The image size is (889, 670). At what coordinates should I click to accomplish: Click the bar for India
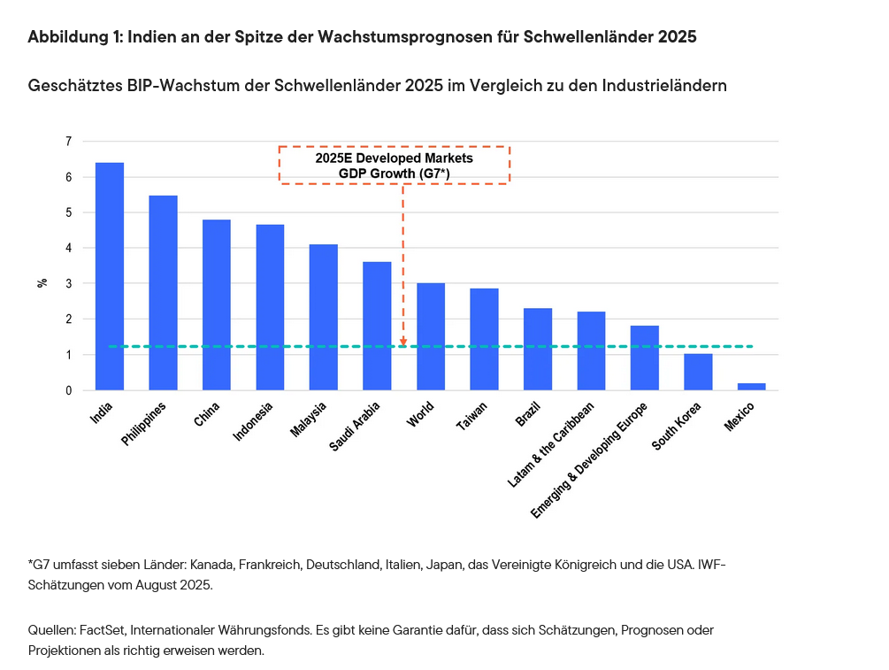click(x=110, y=276)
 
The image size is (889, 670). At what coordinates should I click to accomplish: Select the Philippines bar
click(x=163, y=292)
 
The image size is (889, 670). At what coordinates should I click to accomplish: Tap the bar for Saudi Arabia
click(x=377, y=326)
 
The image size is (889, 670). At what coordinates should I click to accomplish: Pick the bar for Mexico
click(x=751, y=386)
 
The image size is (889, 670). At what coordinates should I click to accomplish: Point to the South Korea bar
click(x=698, y=372)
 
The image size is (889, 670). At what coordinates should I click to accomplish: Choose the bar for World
click(x=431, y=336)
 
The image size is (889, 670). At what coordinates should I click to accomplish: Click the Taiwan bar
click(x=484, y=339)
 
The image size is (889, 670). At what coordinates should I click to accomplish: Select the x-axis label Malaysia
click(x=310, y=420)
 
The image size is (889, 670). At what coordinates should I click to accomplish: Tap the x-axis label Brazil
click(x=528, y=414)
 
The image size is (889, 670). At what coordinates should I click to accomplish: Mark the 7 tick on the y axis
click(x=68, y=142)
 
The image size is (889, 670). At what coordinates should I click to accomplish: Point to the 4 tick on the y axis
click(x=68, y=248)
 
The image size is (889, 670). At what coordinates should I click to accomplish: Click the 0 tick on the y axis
click(x=68, y=390)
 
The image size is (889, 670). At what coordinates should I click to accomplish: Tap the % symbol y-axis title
click(x=42, y=283)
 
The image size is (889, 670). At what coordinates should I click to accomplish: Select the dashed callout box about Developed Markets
click(x=395, y=166)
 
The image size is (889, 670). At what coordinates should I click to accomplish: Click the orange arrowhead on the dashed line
click(x=403, y=343)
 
